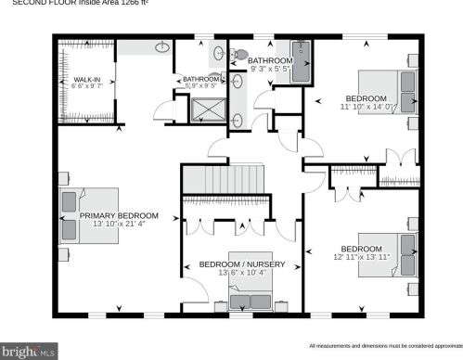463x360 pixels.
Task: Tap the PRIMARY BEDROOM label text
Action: tap(119, 216)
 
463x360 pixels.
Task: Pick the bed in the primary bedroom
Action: tap(87, 215)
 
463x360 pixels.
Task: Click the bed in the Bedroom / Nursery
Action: tap(251, 298)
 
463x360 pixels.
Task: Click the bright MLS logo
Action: tap(30, 352)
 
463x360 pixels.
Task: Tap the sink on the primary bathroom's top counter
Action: tap(161, 46)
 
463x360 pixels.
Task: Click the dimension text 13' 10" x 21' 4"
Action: tap(119, 225)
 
